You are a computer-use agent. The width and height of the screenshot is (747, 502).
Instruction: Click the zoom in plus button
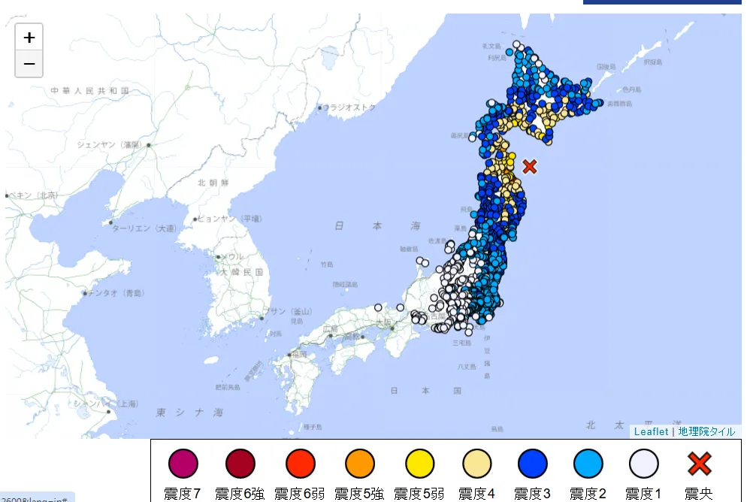coord(29,37)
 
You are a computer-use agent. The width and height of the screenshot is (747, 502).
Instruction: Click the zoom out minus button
coord(29,64)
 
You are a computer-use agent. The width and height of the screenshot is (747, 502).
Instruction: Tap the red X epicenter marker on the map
coord(530,166)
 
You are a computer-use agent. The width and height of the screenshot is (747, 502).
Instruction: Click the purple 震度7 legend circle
coord(183,464)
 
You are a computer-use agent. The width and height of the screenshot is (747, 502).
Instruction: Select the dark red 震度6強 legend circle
coord(240,464)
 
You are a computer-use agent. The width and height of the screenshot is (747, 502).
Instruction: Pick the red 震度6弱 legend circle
coord(301,464)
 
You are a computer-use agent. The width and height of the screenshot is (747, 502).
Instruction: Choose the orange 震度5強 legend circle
coord(360,464)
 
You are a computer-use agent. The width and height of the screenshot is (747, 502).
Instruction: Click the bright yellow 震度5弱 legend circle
coord(419,464)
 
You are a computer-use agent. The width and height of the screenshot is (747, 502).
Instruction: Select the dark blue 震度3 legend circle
coord(532,464)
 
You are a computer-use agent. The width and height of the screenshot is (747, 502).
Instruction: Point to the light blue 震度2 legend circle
coord(588,464)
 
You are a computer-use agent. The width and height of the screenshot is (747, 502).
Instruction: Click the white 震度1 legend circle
coord(643,464)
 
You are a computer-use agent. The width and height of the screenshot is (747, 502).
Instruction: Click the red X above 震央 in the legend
coord(699,464)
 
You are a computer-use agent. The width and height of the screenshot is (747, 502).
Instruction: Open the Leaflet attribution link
coord(651,431)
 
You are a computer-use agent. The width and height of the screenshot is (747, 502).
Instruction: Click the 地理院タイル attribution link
coord(706,431)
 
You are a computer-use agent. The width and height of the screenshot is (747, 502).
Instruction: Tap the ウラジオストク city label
coord(348,107)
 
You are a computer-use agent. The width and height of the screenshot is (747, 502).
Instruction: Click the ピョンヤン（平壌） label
coord(228,219)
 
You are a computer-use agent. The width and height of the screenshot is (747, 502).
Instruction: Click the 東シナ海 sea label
coord(189,413)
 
